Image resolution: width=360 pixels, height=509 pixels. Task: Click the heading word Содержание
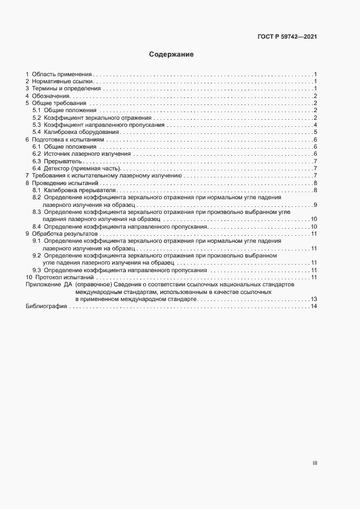pos(172,54)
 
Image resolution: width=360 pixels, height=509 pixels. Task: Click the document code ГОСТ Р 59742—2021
pos(287,37)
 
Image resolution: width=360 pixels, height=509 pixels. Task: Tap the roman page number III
pos(315,463)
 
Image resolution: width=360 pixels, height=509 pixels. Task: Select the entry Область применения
pos(62,73)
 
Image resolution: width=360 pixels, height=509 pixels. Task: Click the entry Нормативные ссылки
pos(63,81)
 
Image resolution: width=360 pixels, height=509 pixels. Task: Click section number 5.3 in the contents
pos(36,125)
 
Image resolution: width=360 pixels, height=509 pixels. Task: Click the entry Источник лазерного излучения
pos(87,154)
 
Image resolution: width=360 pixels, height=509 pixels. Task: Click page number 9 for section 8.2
pos(315,205)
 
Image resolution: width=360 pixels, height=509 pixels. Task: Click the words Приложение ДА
pos(49,285)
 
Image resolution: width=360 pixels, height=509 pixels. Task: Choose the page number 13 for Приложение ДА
pos(314,299)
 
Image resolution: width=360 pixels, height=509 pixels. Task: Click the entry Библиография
pos(46,306)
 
